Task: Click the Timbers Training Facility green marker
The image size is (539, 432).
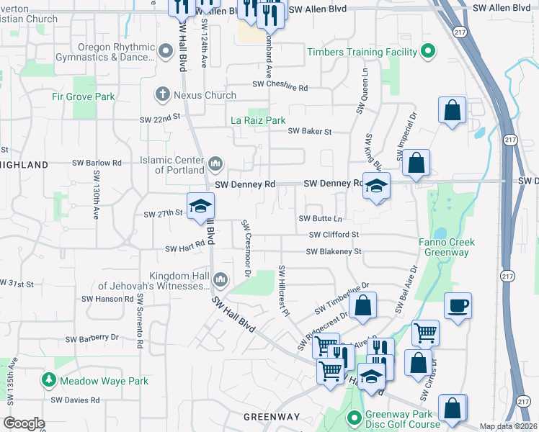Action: tap(427, 52)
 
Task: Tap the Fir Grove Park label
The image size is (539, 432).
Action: tap(84, 96)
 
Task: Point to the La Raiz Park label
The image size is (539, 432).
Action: tap(258, 120)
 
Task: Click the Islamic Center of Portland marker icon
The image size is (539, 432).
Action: tap(215, 165)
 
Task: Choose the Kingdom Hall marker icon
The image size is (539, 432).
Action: tap(220, 279)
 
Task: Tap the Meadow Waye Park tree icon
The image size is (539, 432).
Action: tap(49, 380)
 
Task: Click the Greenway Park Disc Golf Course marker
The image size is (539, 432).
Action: tap(354, 418)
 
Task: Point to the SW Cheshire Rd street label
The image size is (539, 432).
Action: tap(280, 86)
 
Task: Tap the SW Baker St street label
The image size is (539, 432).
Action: tap(309, 131)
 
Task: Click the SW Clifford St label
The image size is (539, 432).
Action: tap(334, 235)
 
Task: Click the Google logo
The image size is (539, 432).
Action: tap(24, 423)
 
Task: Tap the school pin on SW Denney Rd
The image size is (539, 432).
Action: tap(376, 186)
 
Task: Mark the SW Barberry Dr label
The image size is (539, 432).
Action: tap(92, 338)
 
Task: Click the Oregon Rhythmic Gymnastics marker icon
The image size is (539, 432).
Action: tap(166, 50)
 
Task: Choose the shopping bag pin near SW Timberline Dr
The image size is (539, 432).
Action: tap(364, 305)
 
